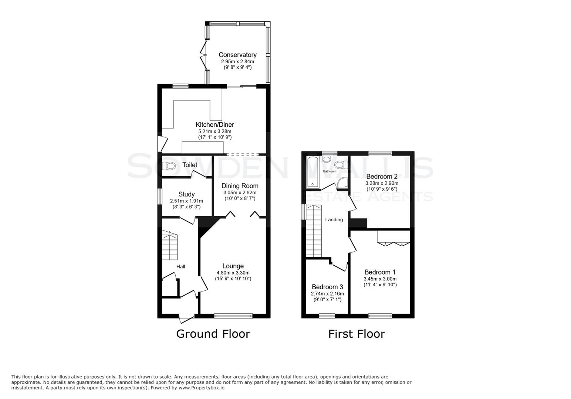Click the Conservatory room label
(x=237, y=55)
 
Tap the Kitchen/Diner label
(x=214, y=125)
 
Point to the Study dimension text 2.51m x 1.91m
(x=186, y=201)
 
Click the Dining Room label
(x=240, y=186)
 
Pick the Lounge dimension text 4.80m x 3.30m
(x=233, y=273)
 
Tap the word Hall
(x=180, y=266)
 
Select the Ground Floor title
(x=213, y=334)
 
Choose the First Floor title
(x=357, y=334)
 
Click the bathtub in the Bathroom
(x=312, y=172)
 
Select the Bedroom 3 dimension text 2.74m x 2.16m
(x=327, y=294)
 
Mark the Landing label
(x=334, y=219)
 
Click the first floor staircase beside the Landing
(x=314, y=231)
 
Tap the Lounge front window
(x=233, y=316)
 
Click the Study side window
(x=160, y=197)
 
